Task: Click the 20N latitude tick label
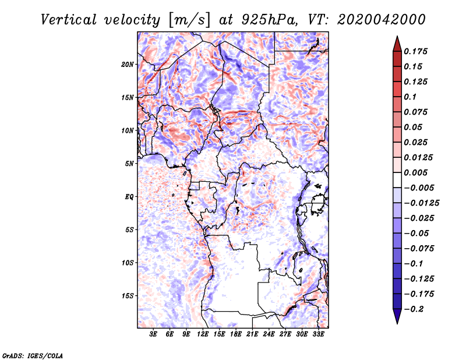click(128, 65)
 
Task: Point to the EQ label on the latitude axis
click(129, 197)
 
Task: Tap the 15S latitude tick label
click(128, 296)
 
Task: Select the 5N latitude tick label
click(129, 164)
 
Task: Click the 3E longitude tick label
click(153, 334)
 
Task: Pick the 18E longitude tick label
click(236, 334)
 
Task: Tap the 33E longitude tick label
click(318, 334)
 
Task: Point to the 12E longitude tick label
click(203, 334)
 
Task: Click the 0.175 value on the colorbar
click(415, 51)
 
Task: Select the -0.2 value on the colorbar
click(414, 309)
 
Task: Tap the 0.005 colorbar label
click(415, 172)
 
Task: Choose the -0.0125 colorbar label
click(421, 203)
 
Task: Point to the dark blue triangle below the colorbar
click(397, 315)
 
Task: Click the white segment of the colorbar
click(397, 180)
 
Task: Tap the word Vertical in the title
click(69, 20)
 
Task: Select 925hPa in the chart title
click(269, 20)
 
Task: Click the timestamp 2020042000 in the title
click(382, 20)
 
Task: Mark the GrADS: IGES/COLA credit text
click(33, 355)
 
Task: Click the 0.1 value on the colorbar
click(410, 97)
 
